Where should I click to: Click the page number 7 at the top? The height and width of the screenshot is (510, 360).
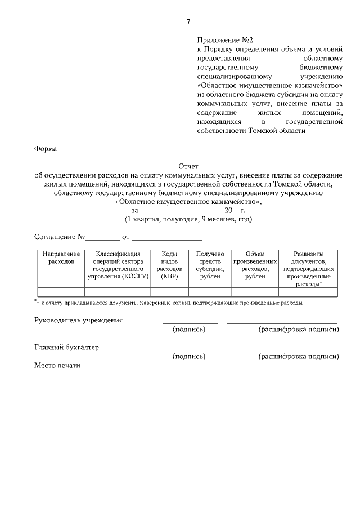pos(188,22)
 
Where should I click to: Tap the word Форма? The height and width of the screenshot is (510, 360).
pos(45,149)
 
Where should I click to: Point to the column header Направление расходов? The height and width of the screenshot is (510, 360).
pos(61,258)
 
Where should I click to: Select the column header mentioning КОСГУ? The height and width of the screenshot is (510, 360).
pos(117,265)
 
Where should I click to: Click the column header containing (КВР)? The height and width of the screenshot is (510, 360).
pos(169,265)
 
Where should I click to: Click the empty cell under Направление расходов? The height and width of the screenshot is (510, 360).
pos(61,292)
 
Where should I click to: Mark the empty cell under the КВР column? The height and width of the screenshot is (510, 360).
pos(169,292)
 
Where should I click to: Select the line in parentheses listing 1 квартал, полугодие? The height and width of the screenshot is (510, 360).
pos(188,219)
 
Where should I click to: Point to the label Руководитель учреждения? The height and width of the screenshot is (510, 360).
pos(79,320)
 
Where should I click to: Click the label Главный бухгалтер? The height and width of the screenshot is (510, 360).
pos(67,347)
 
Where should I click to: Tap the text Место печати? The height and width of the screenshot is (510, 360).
pos(57,365)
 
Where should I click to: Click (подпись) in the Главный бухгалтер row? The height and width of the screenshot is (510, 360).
pos(189,357)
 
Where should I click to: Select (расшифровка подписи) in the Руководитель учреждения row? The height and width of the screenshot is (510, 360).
pos(298,330)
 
